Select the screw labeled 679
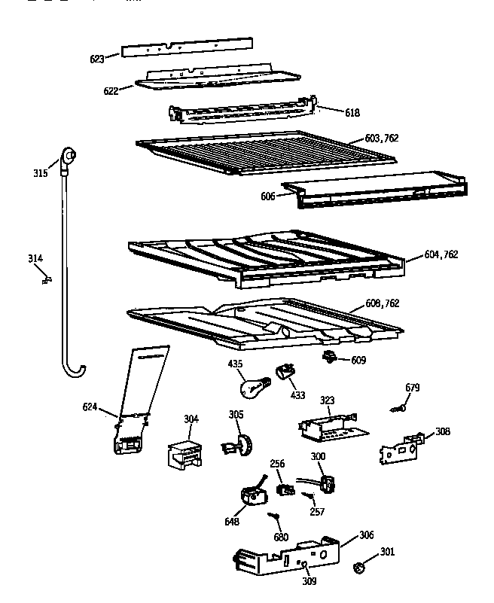click(400, 407)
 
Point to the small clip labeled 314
click(44, 279)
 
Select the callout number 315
click(41, 173)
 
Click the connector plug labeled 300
click(327, 482)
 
